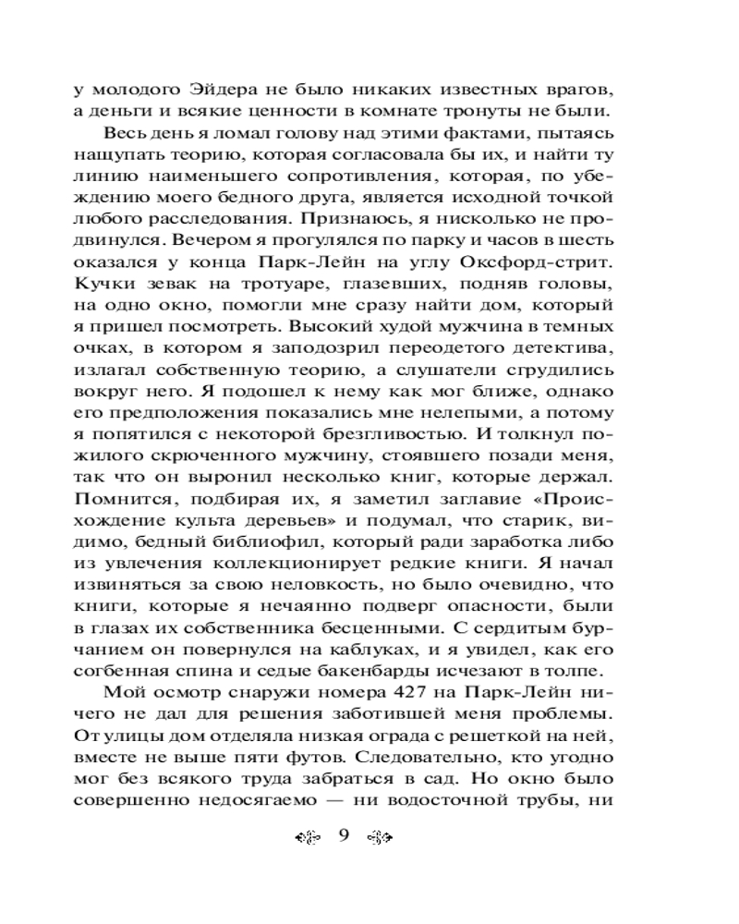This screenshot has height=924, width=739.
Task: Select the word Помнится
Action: (x=110, y=498)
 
